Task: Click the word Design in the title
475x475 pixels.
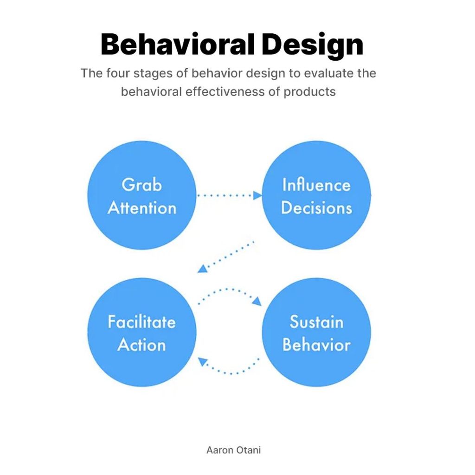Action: coord(312,45)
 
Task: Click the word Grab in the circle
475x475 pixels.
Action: coord(142,185)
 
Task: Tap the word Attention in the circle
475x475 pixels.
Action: coord(142,208)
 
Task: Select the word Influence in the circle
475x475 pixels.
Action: coord(316,185)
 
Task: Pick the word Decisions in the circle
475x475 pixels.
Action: coord(316,208)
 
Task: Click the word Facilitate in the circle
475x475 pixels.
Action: coord(142,322)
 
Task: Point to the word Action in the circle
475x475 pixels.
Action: coord(142,345)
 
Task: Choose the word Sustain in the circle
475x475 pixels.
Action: coord(316,322)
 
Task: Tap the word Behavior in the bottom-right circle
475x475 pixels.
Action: coord(316,345)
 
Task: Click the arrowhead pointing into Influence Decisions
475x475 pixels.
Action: coord(257,195)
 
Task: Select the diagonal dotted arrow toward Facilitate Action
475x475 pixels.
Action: coord(225,257)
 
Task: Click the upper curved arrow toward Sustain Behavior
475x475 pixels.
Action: coord(228,289)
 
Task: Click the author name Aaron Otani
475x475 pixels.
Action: coord(234,450)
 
